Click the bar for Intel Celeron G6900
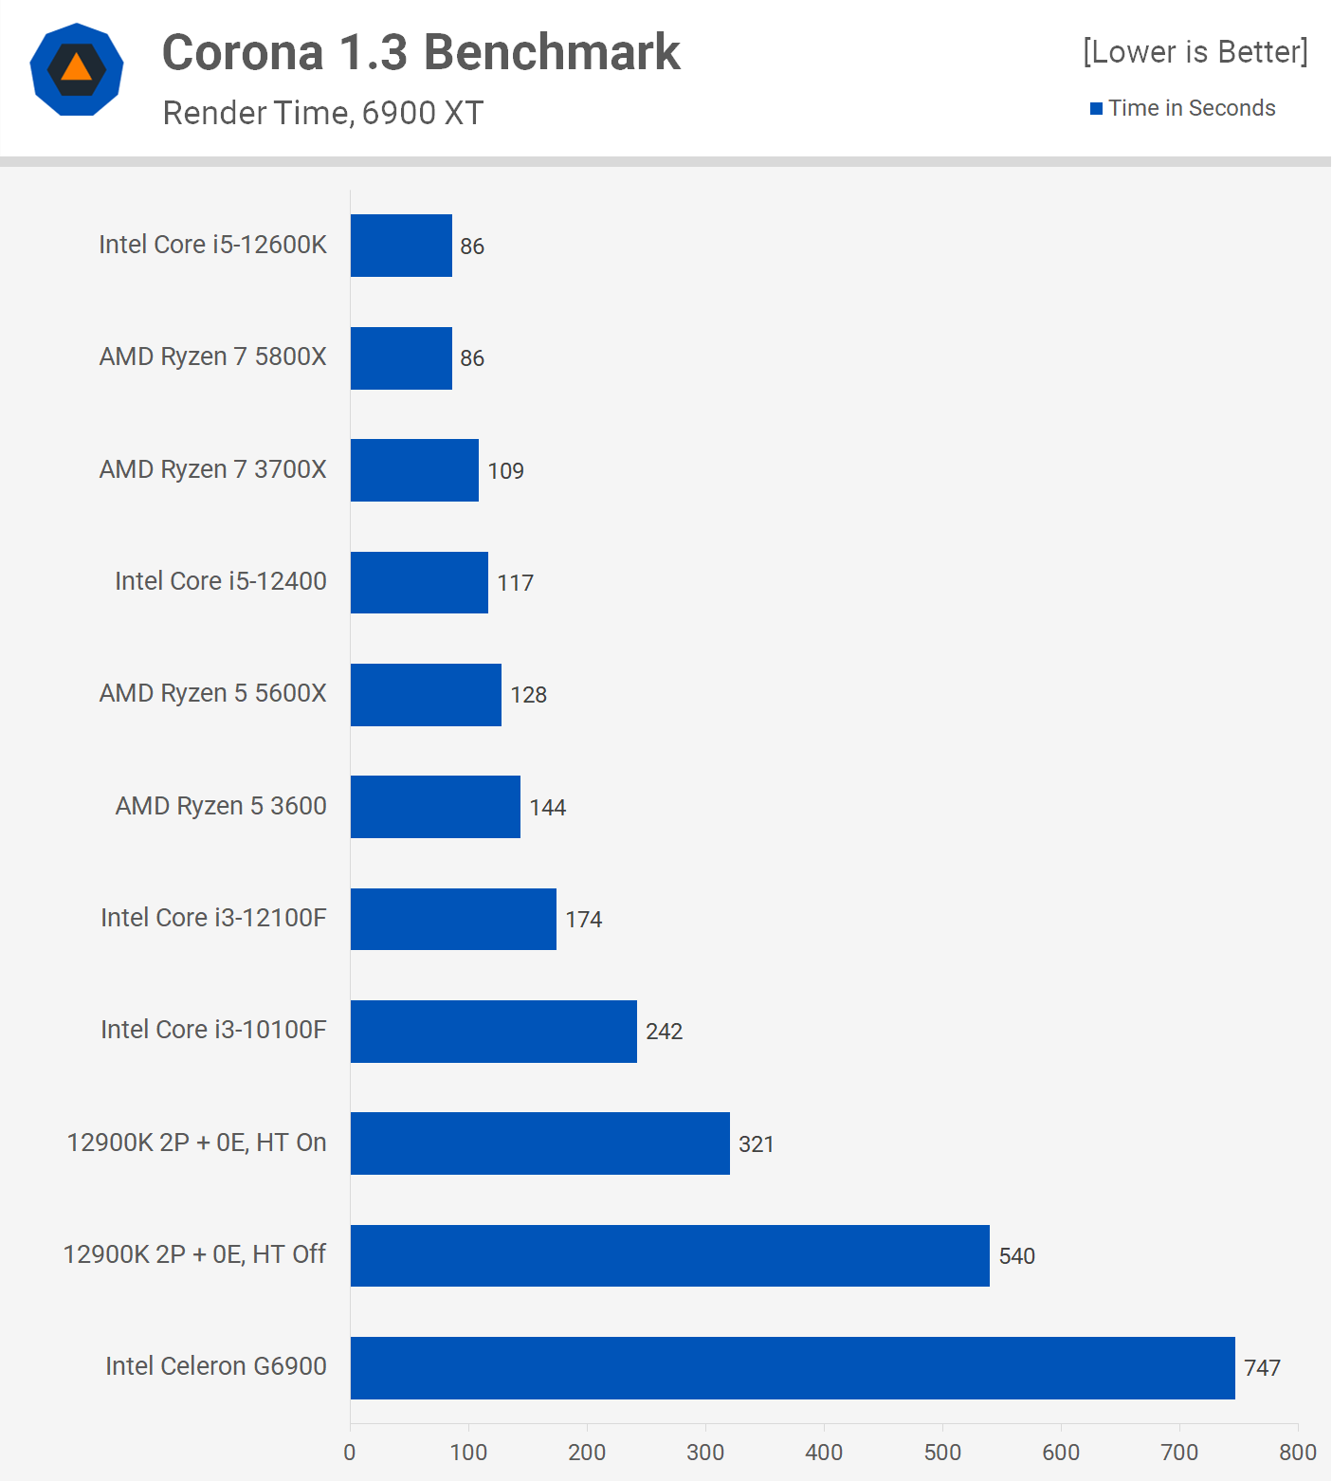793,1367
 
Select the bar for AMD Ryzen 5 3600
435,807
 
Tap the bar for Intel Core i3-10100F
493,1032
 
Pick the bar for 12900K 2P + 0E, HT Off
669,1255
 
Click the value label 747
1262,1368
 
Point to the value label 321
756,1144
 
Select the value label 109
505,471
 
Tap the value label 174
583,920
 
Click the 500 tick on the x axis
942,1453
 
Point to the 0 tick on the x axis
350,1453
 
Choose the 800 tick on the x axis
1297,1453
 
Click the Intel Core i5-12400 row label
220,581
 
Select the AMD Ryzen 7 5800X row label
212,357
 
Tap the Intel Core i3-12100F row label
213,918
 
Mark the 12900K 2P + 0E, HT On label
196,1143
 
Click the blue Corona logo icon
77,69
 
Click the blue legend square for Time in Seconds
1096,109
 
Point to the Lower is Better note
1195,51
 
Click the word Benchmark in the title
552,52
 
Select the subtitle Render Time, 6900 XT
322,113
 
